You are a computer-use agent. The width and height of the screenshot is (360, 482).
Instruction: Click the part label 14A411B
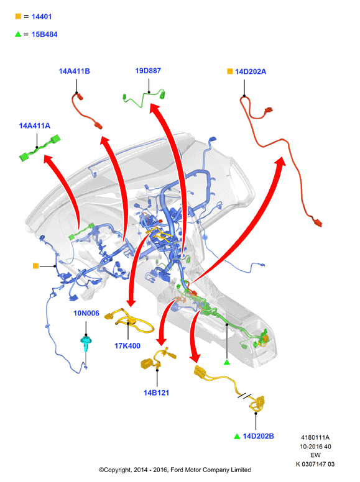point(74,71)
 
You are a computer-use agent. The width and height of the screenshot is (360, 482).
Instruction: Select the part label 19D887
point(148,71)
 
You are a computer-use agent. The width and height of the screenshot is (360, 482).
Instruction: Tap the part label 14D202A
point(251,71)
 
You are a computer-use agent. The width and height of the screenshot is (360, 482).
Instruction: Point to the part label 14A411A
point(34,125)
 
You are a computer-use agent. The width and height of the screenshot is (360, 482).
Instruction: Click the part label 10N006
point(86,313)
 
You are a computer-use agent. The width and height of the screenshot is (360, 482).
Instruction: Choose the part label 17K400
point(127,346)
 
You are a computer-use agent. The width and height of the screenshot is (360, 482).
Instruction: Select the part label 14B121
point(156,393)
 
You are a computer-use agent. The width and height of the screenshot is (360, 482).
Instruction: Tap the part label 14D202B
point(258,436)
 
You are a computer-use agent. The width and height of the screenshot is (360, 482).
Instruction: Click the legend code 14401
point(42,17)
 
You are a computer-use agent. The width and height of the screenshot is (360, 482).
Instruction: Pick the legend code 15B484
point(44,34)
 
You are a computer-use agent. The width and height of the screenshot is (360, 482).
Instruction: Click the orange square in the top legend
point(18,16)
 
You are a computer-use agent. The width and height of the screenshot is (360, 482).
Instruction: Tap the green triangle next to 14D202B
point(237,436)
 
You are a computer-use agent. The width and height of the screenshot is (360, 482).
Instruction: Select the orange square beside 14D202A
point(230,71)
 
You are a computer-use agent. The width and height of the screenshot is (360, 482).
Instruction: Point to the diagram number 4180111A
point(315,437)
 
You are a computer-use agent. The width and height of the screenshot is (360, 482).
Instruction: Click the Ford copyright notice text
point(175,470)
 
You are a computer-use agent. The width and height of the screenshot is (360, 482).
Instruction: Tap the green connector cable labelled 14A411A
point(39,148)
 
